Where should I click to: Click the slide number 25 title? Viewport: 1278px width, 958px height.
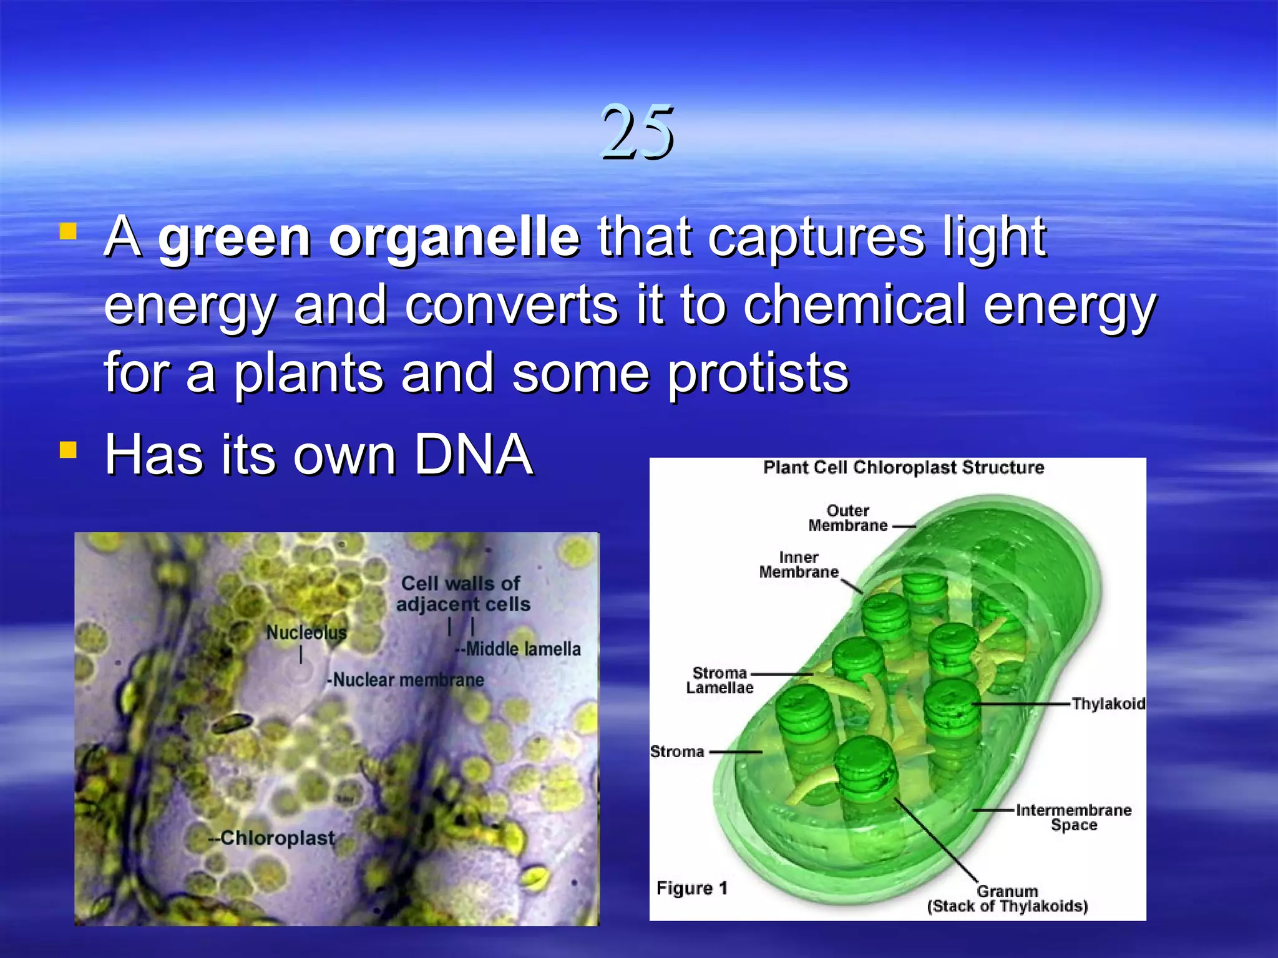[x=637, y=132]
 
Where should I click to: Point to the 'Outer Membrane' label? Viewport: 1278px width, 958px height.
[x=847, y=518]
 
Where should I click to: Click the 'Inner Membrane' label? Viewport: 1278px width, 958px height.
[x=798, y=565]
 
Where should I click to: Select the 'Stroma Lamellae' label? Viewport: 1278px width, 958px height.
[x=719, y=680]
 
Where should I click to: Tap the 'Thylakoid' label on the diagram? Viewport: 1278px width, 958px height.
[x=1108, y=704]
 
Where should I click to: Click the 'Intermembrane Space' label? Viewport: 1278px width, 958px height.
[x=1073, y=818]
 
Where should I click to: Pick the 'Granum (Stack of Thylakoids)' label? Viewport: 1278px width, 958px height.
[x=1007, y=899]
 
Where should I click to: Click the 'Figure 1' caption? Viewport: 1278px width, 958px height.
[x=691, y=888]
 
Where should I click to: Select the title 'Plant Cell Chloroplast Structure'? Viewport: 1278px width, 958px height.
[x=903, y=468]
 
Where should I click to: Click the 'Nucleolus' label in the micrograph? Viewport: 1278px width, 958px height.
[x=306, y=632]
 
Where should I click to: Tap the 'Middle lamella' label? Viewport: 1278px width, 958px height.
[x=523, y=649]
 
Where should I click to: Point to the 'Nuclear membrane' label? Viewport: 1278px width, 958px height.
[x=407, y=680]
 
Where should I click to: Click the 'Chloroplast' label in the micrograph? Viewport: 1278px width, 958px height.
[x=276, y=838]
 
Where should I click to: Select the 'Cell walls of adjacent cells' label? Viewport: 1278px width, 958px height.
[x=462, y=594]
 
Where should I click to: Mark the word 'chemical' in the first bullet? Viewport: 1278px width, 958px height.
[x=854, y=306]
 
